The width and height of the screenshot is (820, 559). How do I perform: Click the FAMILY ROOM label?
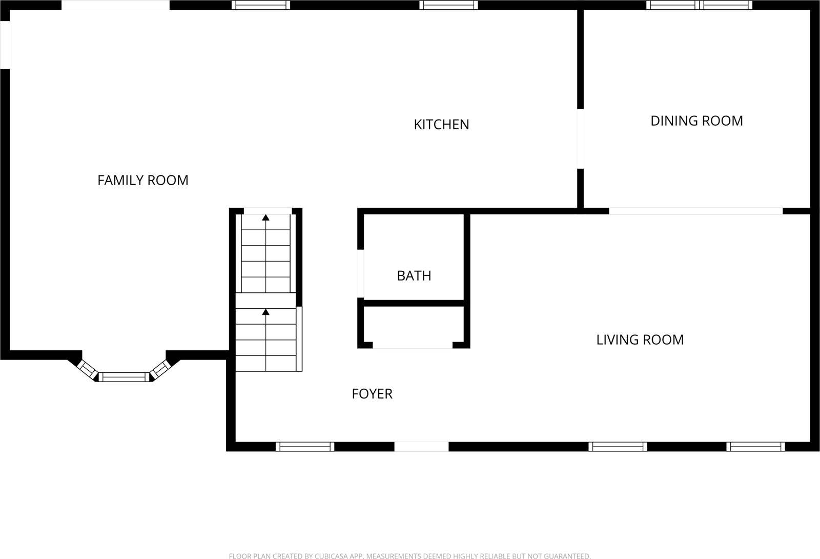[x=143, y=180]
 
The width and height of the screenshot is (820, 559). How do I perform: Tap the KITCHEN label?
[x=441, y=125]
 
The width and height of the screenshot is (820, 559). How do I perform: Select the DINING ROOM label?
[x=696, y=121]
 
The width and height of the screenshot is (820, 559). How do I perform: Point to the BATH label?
[x=414, y=276]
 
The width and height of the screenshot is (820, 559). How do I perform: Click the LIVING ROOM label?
[x=640, y=340]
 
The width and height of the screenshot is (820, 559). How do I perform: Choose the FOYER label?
[x=372, y=394]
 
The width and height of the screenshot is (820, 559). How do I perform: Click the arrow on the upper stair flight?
[x=265, y=218]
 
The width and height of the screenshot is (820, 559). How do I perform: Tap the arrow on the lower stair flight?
[x=265, y=312]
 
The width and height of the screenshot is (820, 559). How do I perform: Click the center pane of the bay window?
[x=124, y=377]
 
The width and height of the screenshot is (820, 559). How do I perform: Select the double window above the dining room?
[x=699, y=5]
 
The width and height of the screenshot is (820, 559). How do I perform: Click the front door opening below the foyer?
[x=421, y=447]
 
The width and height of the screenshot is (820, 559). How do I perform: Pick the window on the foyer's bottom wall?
[x=305, y=447]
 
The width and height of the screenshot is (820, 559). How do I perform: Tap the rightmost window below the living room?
[x=755, y=447]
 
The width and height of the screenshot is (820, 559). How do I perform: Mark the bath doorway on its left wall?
[x=361, y=274]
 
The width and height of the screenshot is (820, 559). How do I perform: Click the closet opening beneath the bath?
[x=413, y=345]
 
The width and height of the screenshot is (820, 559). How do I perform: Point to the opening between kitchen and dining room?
[x=581, y=139]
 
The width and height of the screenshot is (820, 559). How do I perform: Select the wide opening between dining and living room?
[x=695, y=211]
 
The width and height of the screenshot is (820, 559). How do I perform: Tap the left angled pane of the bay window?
[x=88, y=369]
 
